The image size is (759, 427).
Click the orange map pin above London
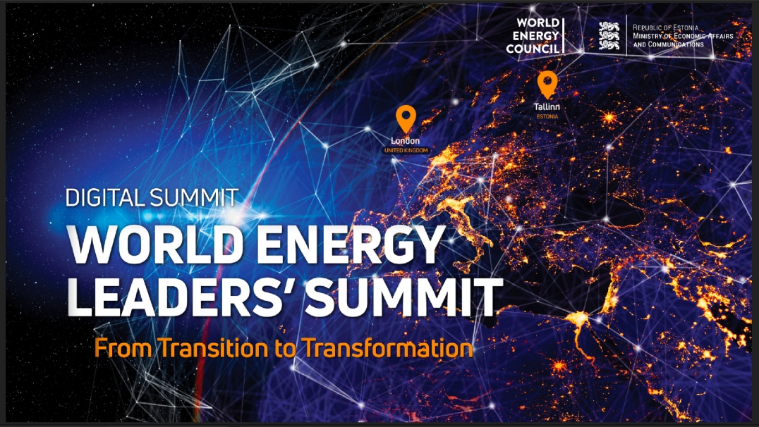(x=405, y=118)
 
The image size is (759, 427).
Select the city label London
(x=405, y=141)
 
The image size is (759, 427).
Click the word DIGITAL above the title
(x=106, y=197)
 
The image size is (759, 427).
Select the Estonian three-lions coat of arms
(x=609, y=35)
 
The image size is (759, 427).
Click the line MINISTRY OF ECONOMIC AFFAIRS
(x=683, y=35)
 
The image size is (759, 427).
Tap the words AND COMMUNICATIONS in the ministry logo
(x=668, y=44)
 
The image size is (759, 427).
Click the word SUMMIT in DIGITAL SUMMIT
(x=195, y=197)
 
